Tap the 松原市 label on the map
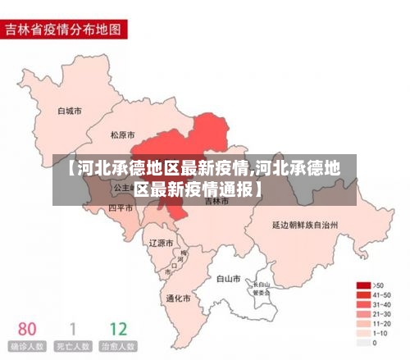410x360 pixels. coord(122,134)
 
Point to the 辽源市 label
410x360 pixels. coord(161,244)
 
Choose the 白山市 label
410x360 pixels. coord(228,279)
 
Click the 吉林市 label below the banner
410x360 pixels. coord(217,201)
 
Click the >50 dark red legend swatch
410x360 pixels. coord(362,285)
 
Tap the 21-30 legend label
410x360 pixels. coord(381,314)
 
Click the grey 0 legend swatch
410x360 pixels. coord(362,343)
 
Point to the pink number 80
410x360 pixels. coord(26,330)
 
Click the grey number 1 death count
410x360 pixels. coord(72,330)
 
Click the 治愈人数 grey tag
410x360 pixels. coord(118,348)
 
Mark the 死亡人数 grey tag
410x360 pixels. coord(72,348)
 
